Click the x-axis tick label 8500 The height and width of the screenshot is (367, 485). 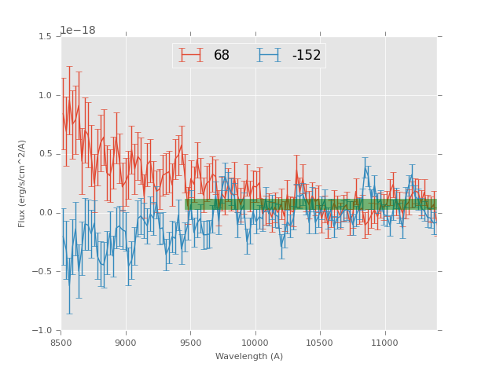61,343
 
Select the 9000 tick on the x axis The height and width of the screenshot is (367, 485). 126,343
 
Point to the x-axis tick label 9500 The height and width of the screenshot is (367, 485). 190,343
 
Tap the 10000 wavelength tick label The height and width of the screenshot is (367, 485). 255,343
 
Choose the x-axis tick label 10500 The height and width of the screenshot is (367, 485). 320,343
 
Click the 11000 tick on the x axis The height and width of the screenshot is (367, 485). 384,343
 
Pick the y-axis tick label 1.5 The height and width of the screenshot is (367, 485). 46,37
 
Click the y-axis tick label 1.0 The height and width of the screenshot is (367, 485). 46,96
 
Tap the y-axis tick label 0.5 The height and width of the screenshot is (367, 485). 46,154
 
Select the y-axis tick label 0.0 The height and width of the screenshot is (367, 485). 46,213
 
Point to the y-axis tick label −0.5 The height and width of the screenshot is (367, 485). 43,272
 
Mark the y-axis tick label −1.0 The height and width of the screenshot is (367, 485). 43,330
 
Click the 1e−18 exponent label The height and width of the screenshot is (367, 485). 77,30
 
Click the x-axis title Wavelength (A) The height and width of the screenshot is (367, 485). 249,357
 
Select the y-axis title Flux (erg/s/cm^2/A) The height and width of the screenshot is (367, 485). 23,183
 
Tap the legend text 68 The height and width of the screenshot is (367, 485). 222,56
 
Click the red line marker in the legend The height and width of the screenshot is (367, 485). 191,55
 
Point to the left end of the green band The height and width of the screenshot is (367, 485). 186,204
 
